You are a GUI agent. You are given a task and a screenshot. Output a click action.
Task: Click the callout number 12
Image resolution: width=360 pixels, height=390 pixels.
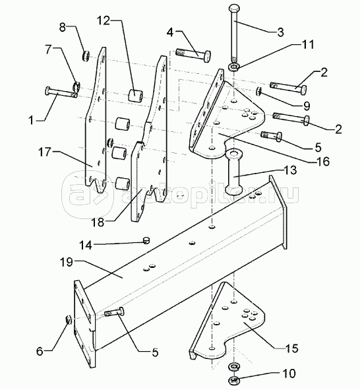click(x=104, y=21)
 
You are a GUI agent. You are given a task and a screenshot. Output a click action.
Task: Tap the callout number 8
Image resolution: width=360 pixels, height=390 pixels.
click(x=63, y=27)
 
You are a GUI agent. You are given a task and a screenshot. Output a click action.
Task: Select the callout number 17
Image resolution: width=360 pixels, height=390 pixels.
click(x=45, y=152)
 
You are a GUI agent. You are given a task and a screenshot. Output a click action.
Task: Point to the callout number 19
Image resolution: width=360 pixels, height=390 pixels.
click(x=67, y=263)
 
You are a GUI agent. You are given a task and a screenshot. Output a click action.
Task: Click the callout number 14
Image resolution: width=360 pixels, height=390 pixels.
click(x=86, y=245)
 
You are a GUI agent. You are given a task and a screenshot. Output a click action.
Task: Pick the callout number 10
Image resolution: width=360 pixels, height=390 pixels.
click(x=289, y=374)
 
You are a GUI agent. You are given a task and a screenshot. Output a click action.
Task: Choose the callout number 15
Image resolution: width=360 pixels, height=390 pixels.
click(x=292, y=348)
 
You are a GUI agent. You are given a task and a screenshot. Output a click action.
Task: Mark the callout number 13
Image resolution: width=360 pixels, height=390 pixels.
click(x=290, y=170)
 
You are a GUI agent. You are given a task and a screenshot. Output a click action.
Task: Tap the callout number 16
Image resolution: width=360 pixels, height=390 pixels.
click(x=323, y=162)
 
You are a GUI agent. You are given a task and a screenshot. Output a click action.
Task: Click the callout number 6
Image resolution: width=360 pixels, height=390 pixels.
click(x=40, y=352)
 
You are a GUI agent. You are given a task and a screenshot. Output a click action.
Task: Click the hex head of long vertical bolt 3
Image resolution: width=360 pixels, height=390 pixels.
click(x=235, y=9)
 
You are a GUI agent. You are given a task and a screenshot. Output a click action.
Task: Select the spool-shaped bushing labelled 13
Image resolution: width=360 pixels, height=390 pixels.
click(x=233, y=172)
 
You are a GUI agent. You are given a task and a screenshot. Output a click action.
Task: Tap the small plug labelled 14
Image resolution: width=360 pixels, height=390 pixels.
click(x=147, y=240)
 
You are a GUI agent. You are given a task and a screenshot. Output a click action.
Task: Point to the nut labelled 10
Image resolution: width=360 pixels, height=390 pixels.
click(x=233, y=380)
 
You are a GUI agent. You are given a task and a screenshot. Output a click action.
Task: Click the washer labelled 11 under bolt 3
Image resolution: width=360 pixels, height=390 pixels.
click(x=234, y=67)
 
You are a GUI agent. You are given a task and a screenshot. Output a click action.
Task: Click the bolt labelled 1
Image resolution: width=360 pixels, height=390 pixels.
click(x=61, y=92)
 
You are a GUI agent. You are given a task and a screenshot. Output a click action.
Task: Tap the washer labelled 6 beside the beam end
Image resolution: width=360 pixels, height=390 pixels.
click(x=68, y=319)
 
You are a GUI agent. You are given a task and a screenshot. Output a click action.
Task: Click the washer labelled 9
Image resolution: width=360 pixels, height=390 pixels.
click(x=258, y=91)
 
